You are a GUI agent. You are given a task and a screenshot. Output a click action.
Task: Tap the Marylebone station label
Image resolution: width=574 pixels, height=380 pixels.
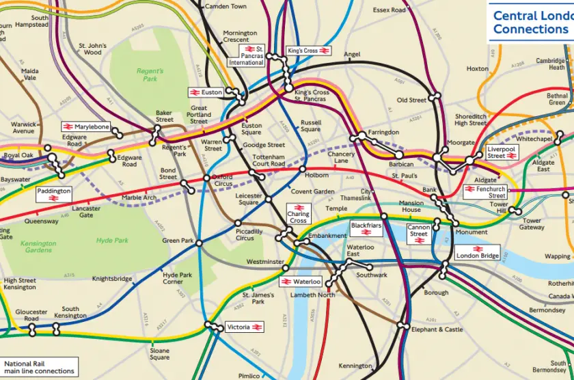(86, 126)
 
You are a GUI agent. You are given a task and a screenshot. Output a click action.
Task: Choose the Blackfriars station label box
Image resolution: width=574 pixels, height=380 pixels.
(366, 229)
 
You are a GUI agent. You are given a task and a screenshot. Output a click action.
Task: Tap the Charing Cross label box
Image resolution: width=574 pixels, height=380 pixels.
(298, 213)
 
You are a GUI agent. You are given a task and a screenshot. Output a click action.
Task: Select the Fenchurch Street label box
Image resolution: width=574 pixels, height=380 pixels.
(485, 192)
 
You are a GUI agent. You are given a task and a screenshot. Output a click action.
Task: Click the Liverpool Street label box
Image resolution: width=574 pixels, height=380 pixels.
(506, 152)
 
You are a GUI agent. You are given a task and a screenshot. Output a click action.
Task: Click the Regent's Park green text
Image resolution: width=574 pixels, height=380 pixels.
(150, 74)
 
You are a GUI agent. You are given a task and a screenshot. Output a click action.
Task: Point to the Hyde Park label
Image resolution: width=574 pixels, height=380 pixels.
(113, 241)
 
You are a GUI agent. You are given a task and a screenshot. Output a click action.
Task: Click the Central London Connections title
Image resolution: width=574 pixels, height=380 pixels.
(532, 22)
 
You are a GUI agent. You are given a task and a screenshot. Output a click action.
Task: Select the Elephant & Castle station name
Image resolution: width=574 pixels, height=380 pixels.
(437, 329)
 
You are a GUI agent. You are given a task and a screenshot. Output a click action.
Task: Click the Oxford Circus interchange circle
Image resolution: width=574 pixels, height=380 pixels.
(206, 178)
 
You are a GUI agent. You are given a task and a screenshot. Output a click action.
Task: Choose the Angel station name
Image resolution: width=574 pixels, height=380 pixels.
(352, 55)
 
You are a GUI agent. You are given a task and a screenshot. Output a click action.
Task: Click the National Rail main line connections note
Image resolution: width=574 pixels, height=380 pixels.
(39, 368)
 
